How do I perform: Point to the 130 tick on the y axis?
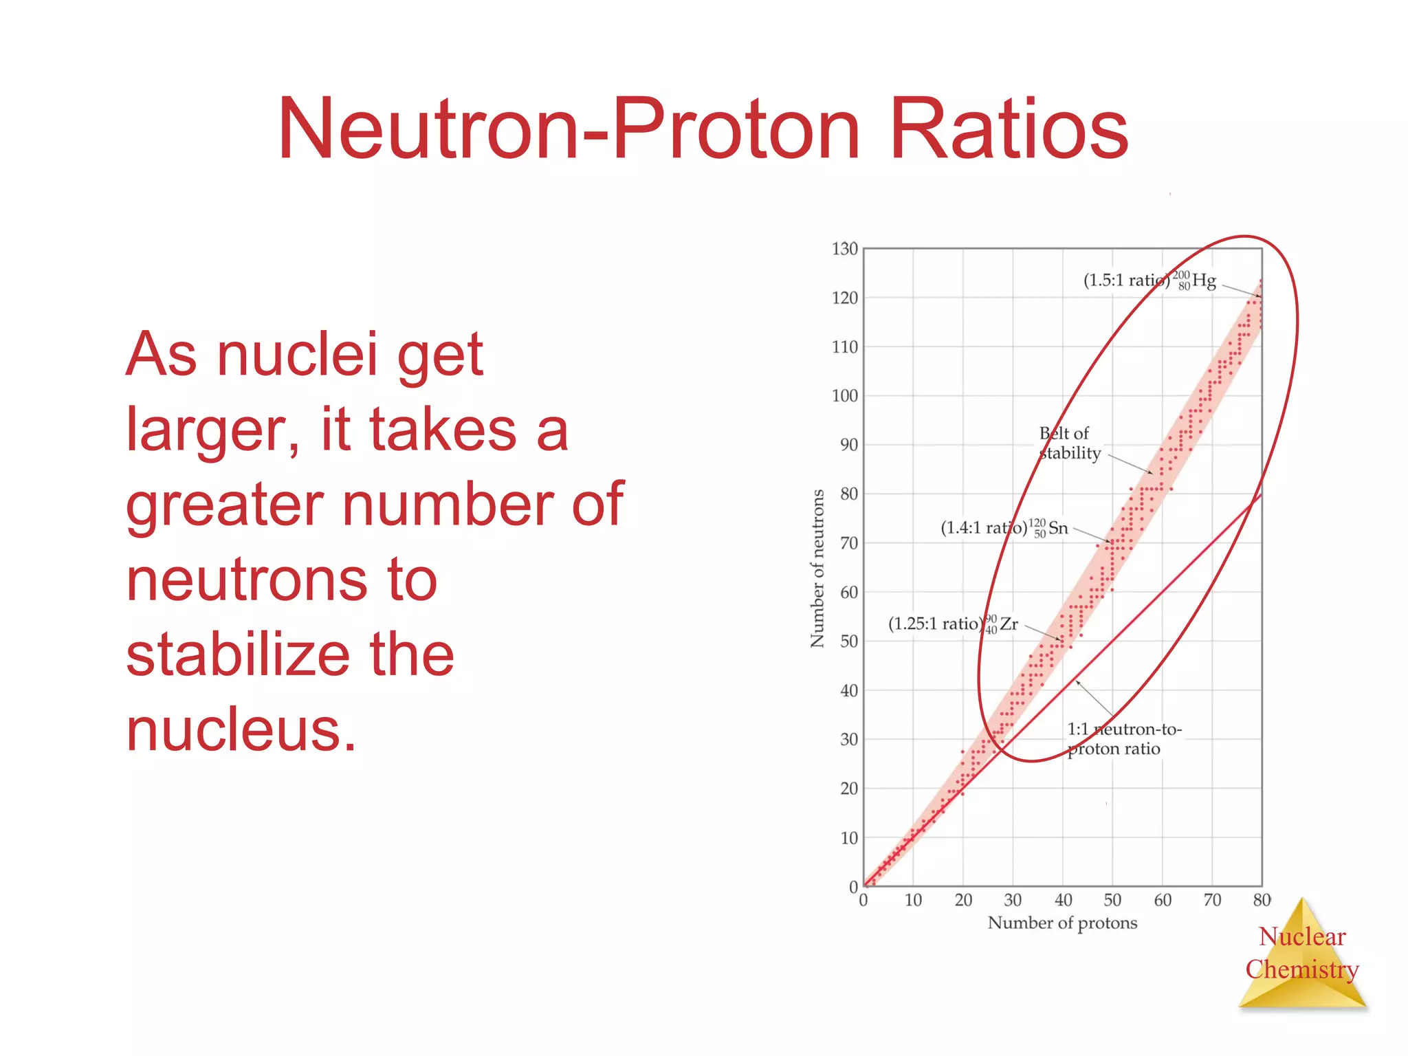[844, 249]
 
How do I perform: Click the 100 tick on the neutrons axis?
[844, 396]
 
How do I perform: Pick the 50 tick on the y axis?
[848, 641]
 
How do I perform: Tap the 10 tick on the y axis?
[848, 838]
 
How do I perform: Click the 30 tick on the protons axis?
[1013, 900]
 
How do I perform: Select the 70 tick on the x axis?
[1212, 900]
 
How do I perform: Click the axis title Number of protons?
[1062, 923]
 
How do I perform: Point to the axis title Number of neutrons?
[817, 569]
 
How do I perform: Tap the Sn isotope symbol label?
[1049, 528]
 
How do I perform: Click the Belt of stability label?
[1068, 443]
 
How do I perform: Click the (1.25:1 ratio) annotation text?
[934, 624]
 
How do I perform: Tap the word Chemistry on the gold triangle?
[1301, 969]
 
